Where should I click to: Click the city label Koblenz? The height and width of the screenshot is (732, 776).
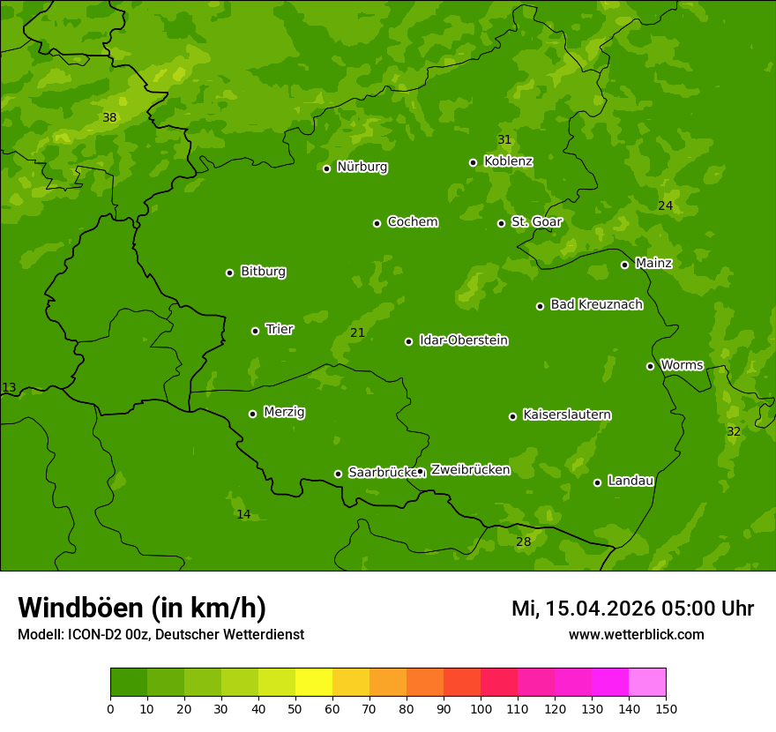(508, 161)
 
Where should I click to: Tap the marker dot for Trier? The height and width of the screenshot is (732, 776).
(255, 331)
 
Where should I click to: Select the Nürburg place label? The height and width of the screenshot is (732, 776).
(362, 167)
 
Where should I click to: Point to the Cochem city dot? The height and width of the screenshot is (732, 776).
(377, 223)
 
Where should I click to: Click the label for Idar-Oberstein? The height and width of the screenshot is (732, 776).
(463, 340)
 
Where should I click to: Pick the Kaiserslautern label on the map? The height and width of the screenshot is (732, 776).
(567, 415)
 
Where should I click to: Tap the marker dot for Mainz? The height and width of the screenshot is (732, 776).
(624, 265)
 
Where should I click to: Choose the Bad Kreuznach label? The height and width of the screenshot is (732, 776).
(596, 304)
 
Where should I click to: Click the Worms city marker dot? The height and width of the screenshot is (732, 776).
(650, 366)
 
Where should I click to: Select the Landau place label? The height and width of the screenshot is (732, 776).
(630, 481)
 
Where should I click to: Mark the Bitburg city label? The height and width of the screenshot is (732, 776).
(263, 272)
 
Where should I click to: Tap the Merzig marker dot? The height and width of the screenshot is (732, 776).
(252, 414)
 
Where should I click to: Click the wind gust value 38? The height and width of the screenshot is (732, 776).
(109, 117)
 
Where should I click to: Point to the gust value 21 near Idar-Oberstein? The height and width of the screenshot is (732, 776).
(357, 332)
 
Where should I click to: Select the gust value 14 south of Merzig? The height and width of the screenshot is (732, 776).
(243, 514)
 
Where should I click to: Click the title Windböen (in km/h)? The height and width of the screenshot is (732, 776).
(142, 608)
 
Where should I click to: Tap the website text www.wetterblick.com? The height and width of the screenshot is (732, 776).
(636, 634)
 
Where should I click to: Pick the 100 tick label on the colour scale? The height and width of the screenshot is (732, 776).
(481, 708)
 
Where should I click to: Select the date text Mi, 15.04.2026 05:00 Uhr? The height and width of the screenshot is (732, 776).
(632, 609)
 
